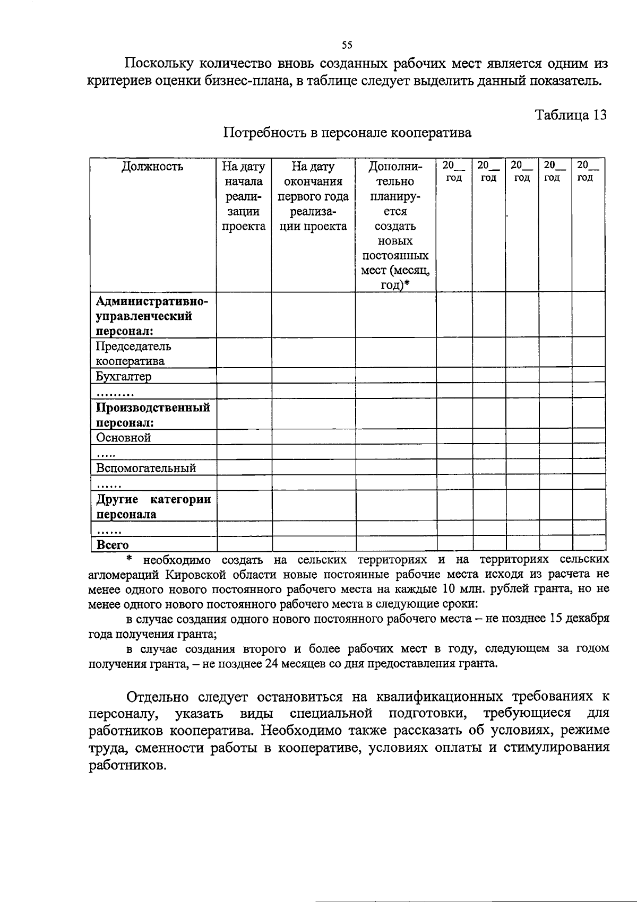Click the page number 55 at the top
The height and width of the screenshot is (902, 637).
point(348,45)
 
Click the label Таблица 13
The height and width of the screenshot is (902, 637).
point(571,116)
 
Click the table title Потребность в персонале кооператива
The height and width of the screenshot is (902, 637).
point(347,133)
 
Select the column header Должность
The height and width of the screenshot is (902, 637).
point(152,167)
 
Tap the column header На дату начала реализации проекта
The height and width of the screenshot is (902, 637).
point(244,197)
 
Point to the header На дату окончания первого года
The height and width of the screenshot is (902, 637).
point(313,197)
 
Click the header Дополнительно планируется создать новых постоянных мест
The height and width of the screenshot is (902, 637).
point(395,226)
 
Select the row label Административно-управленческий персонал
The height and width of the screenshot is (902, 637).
point(152,317)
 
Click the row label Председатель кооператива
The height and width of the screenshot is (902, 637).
point(133,354)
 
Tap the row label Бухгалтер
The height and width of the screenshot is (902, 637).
point(124,377)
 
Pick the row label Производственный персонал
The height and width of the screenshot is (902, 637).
point(153,415)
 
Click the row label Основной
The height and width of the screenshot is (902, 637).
point(124,438)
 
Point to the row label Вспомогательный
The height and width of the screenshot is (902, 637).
point(146,468)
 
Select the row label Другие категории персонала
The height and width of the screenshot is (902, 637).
point(153,507)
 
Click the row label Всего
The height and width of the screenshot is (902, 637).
point(113,545)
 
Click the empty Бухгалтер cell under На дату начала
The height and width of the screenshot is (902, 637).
point(244,377)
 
